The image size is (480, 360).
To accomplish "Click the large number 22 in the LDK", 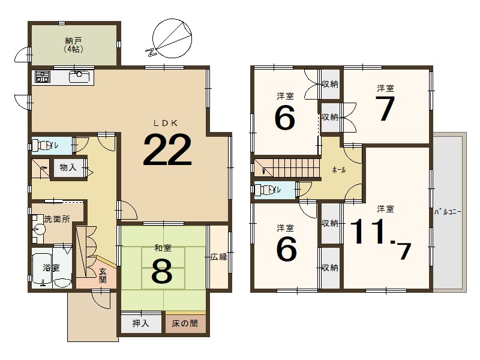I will [167, 149].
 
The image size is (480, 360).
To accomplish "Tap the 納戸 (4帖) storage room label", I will [73, 45].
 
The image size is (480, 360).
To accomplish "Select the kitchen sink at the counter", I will [79, 77].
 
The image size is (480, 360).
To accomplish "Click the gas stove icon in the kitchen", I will [43, 77].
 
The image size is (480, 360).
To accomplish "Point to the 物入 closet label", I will [68, 168].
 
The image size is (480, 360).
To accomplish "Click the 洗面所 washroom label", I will [57, 220].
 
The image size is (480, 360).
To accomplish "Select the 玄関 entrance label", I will [103, 275].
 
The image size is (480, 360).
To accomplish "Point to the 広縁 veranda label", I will [218, 257].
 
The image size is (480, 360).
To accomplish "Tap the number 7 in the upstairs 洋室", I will [385, 109].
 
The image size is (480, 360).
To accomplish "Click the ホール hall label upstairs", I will [338, 170].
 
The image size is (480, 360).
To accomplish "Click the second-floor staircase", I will [286, 166].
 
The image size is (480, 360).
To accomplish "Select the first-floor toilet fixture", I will [40, 145].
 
